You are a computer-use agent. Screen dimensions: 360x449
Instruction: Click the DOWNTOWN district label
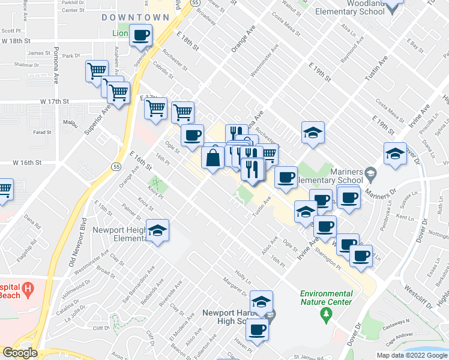(x=135, y=17)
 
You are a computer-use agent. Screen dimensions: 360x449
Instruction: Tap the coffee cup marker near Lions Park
(x=141, y=36)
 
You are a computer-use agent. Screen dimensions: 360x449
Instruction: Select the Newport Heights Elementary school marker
(x=157, y=231)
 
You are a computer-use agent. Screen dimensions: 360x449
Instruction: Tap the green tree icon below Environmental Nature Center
(x=327, y=314)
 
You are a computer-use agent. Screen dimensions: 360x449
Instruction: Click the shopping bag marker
(x=214, y=158)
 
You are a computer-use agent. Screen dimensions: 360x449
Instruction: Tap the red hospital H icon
(x=27, y=292)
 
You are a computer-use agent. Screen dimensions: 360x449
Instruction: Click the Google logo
(x=20, y=353)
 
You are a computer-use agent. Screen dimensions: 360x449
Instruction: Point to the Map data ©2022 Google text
(x=412, y=355)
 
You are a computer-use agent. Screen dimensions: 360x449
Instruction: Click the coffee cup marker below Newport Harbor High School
(x=258, y=329)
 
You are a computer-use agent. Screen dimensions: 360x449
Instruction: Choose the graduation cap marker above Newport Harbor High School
(x=261, y=302)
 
